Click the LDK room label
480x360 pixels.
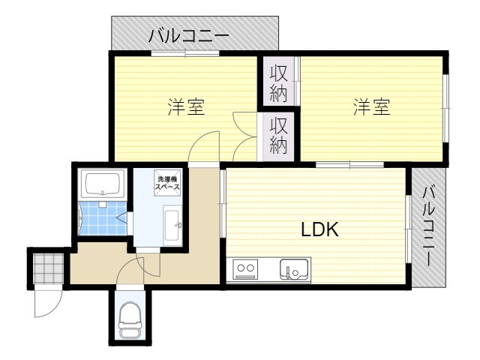coord(320,230)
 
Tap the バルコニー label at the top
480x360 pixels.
coord(189,35)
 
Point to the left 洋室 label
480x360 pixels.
coord(186,106)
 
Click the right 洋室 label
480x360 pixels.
coord(372,106)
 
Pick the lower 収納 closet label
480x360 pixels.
coord(279,135)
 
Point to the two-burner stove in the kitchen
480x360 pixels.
coord(245,268)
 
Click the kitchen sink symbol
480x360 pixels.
coord(294,268)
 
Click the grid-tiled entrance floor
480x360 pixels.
coord(48,265)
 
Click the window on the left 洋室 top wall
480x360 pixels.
coord(184,52)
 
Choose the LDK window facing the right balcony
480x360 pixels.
coord(408,229)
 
